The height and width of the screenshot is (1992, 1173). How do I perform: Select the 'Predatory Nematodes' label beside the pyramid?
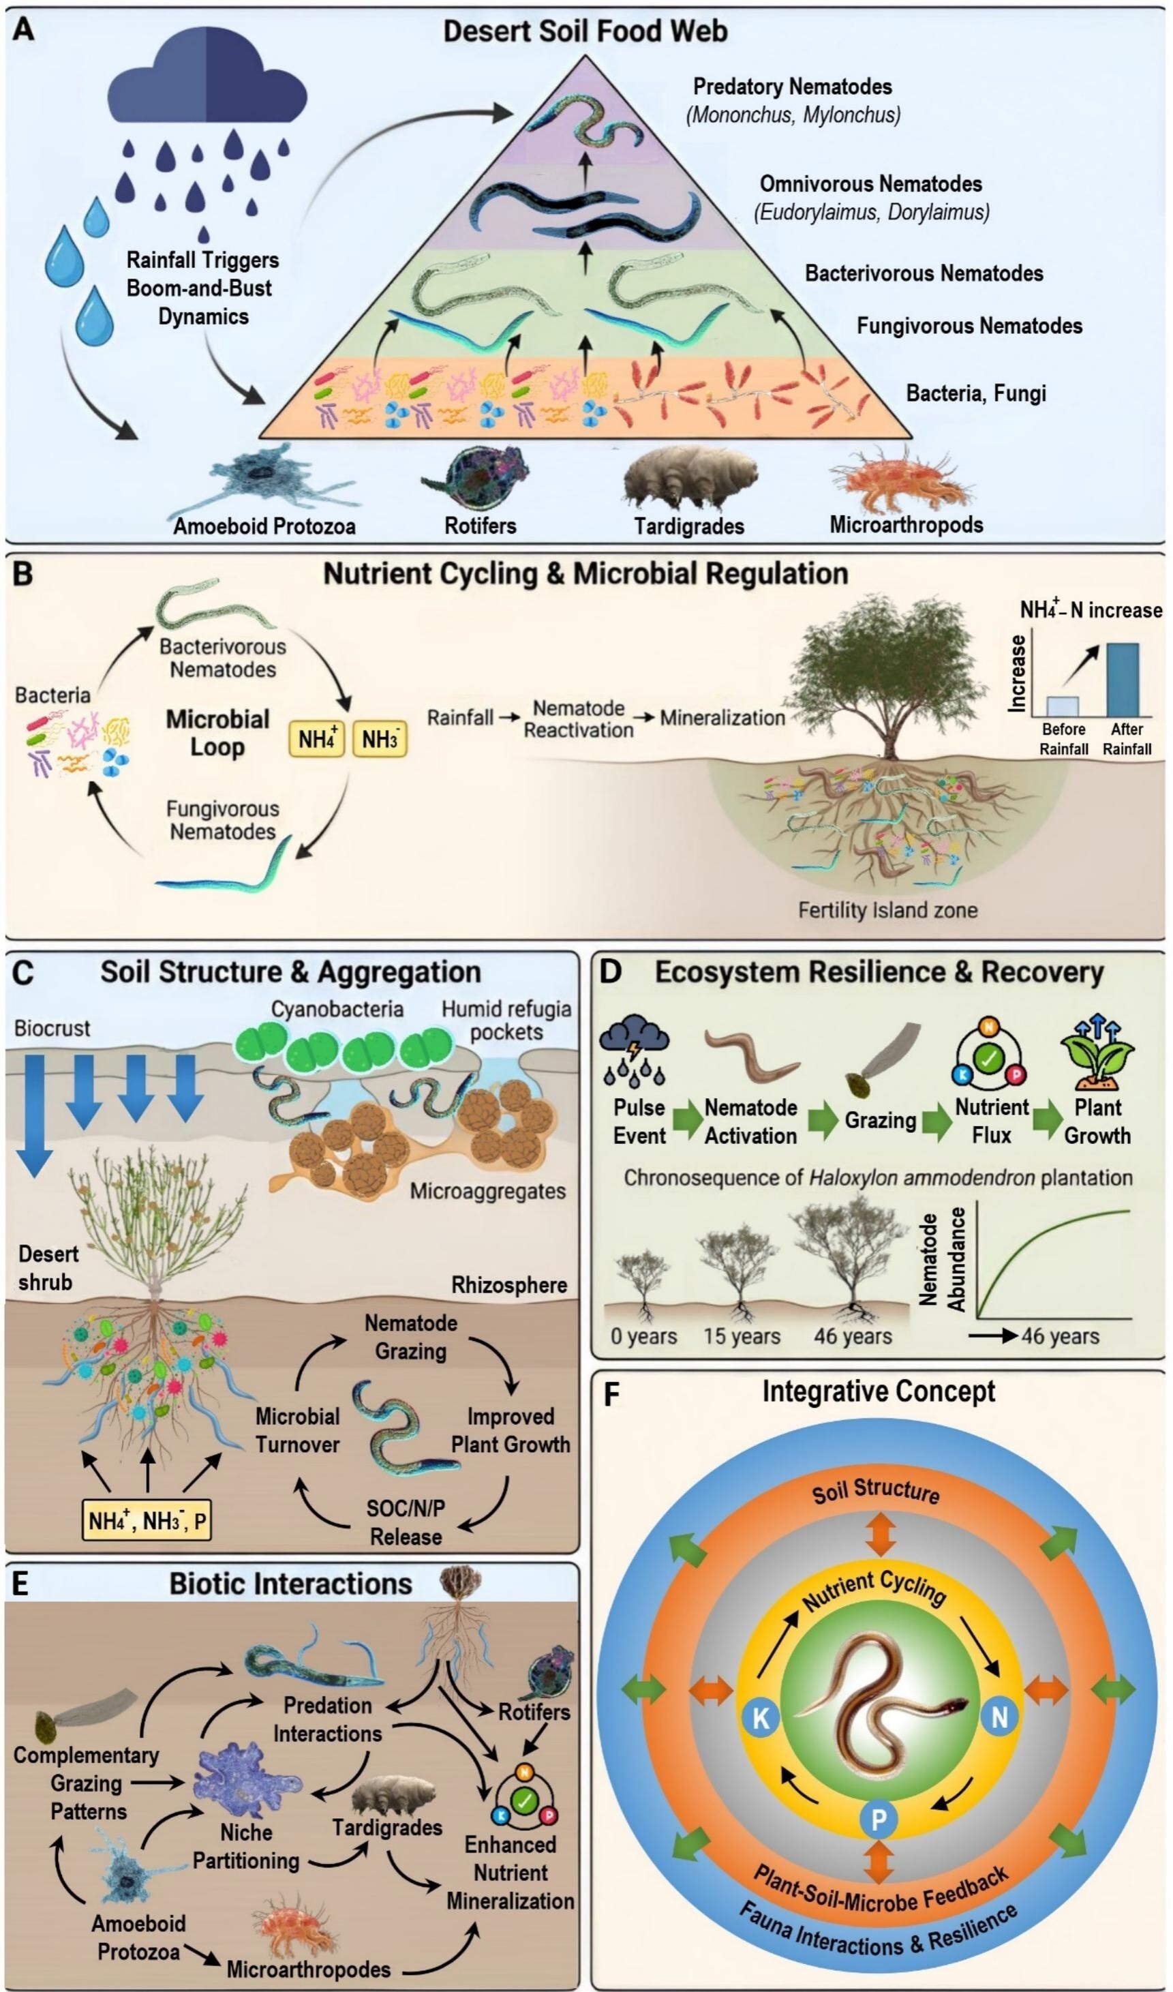tap(792, 87)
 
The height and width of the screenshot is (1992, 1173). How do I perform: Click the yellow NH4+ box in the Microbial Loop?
tap(317, 739)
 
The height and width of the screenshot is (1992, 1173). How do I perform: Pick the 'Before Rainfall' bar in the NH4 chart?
tap(1063, 705)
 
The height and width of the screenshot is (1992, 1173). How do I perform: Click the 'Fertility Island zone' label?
tap(887, 911)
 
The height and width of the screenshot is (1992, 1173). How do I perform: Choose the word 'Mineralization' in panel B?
tap(722, 719)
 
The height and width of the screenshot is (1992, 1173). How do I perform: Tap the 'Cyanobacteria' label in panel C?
tap(337, 1010)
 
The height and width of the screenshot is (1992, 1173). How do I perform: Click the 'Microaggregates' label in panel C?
tap(488, 1191)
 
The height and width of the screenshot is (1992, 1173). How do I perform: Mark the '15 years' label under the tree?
tap(742, 1337)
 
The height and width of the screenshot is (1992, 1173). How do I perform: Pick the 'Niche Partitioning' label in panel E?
tap(246, 1847)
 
